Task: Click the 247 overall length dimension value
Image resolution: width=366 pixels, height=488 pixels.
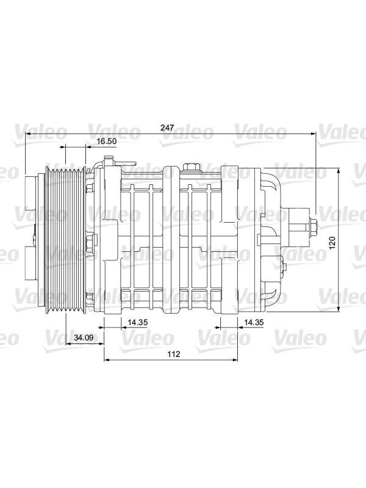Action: pyautogui.click(x=167, y=127)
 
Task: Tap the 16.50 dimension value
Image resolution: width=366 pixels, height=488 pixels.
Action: pyautogui.click(x=106, y=141)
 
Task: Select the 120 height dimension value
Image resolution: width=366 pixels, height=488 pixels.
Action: pyautogui.click(x=332, y=242)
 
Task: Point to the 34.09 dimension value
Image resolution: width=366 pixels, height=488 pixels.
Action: pyautogui.click(x=84, y=337)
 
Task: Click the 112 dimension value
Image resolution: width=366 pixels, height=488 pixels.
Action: pyautogui.click(x=174, y=354)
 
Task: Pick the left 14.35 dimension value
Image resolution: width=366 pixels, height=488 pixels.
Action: pyautogui.click(x=137, y=323)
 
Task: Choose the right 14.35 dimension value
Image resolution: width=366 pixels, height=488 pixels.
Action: pyautogui.click(x=254, y=323)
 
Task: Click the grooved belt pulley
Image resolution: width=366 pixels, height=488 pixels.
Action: pyautogui.click(x=65, y=239)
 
